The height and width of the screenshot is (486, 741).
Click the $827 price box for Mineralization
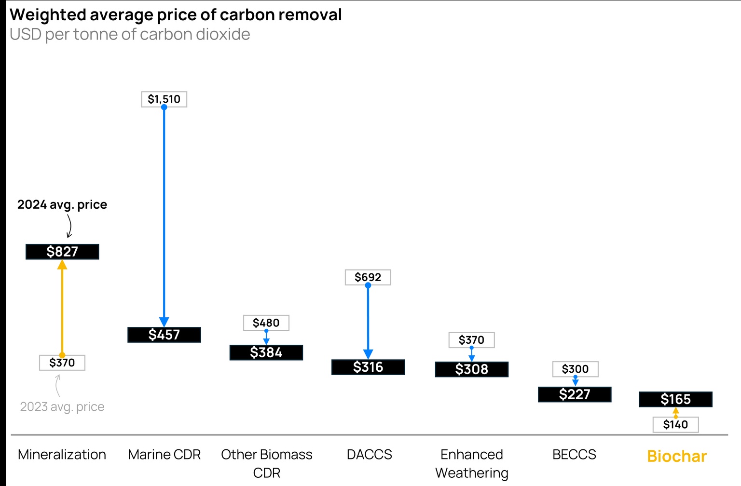point(62,252)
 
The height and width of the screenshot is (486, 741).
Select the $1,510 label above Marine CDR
point(164,99)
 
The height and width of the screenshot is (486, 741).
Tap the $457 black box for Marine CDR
point(164,335)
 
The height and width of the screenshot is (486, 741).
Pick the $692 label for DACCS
point(368,277)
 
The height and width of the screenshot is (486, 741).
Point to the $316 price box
point(368,367)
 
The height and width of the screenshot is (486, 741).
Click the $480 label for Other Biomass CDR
point(266,323)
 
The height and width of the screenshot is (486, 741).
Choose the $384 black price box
point(266,352)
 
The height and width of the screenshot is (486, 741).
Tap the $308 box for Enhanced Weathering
point(472,369)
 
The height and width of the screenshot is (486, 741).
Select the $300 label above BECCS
point(575,369)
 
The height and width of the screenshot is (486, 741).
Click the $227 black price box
point(575,394)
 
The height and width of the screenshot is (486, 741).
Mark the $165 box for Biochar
point(675,399)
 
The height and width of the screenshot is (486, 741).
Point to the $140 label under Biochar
point(675,424)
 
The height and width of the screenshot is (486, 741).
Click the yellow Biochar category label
point(677,456)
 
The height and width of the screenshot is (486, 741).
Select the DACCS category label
point(369,454)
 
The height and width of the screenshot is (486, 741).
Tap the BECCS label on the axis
point(574,454)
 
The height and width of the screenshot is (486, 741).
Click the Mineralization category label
point(62,454)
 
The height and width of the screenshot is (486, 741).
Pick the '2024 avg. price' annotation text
point(62,204)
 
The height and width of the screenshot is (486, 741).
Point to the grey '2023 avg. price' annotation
point(62,406)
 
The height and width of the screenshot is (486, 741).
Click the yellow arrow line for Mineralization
point(62,309)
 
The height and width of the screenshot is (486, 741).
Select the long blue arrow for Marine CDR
point(164,212)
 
